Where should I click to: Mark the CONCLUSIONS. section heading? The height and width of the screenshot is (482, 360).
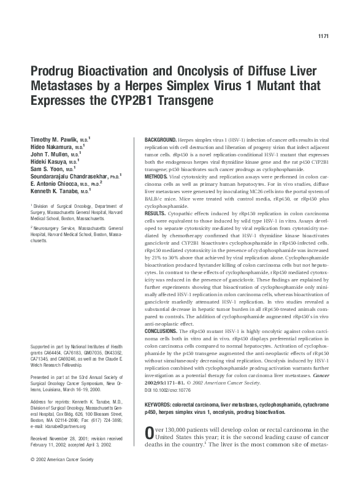click(x=163, y=331)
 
